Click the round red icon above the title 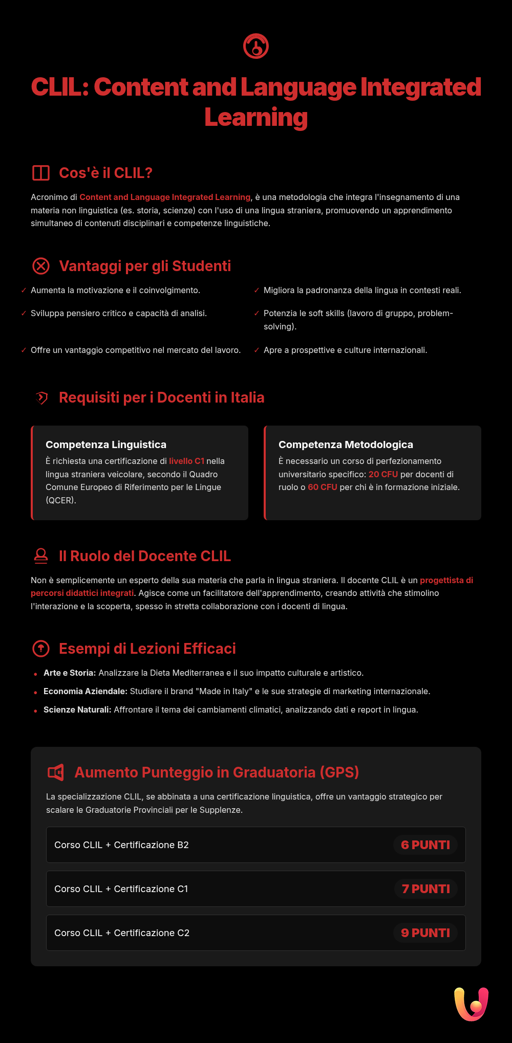click(256, 47)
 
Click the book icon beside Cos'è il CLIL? click(41, 173)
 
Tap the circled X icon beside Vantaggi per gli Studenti click(41, 266)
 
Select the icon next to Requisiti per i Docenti click(41, 397)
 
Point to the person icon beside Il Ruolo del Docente click(41, 556)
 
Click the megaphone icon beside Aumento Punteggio click(56, 772)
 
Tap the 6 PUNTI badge click(425, 845)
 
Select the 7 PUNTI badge click(426, 889)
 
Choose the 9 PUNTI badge click(425, 933)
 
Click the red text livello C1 click(186, 461)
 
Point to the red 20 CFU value click(383, 474)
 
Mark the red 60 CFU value click(323, 487)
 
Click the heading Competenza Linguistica click(106, 445)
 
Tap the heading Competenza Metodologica click(346, 445)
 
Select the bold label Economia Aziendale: click(86, 692)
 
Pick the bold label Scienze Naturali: click(77, 710)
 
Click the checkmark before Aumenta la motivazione click(24, 291)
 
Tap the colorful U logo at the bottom click(471, 1004)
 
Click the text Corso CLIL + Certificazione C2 click(122, 933)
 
